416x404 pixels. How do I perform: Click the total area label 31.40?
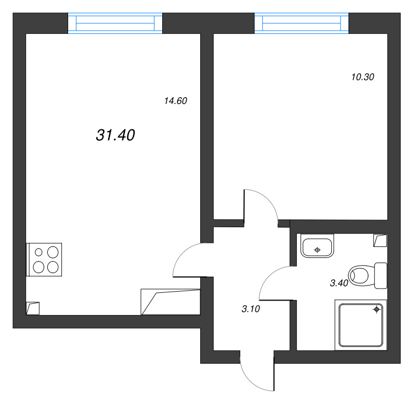[x=115, y=135]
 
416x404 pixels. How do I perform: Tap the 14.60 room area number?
[x=175, y=101]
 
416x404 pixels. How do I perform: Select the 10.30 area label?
[x=363, y=77]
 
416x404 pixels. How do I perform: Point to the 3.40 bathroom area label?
[x=339, y=283]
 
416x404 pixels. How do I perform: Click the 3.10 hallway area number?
[x=251, y=309]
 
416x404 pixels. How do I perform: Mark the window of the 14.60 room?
[x=115, y=23]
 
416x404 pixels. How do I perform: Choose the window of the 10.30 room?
[x=302, y=23]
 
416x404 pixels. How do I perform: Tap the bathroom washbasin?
[x=318, y=247]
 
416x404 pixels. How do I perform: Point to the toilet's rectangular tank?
[x=381, y=276]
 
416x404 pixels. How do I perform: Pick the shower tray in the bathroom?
[x=361, y=324]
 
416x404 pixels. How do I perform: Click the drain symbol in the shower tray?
[x=376, y=310]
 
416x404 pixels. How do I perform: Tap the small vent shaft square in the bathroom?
[x=381, y=240]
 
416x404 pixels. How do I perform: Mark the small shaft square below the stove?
[x=33, y=308]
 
